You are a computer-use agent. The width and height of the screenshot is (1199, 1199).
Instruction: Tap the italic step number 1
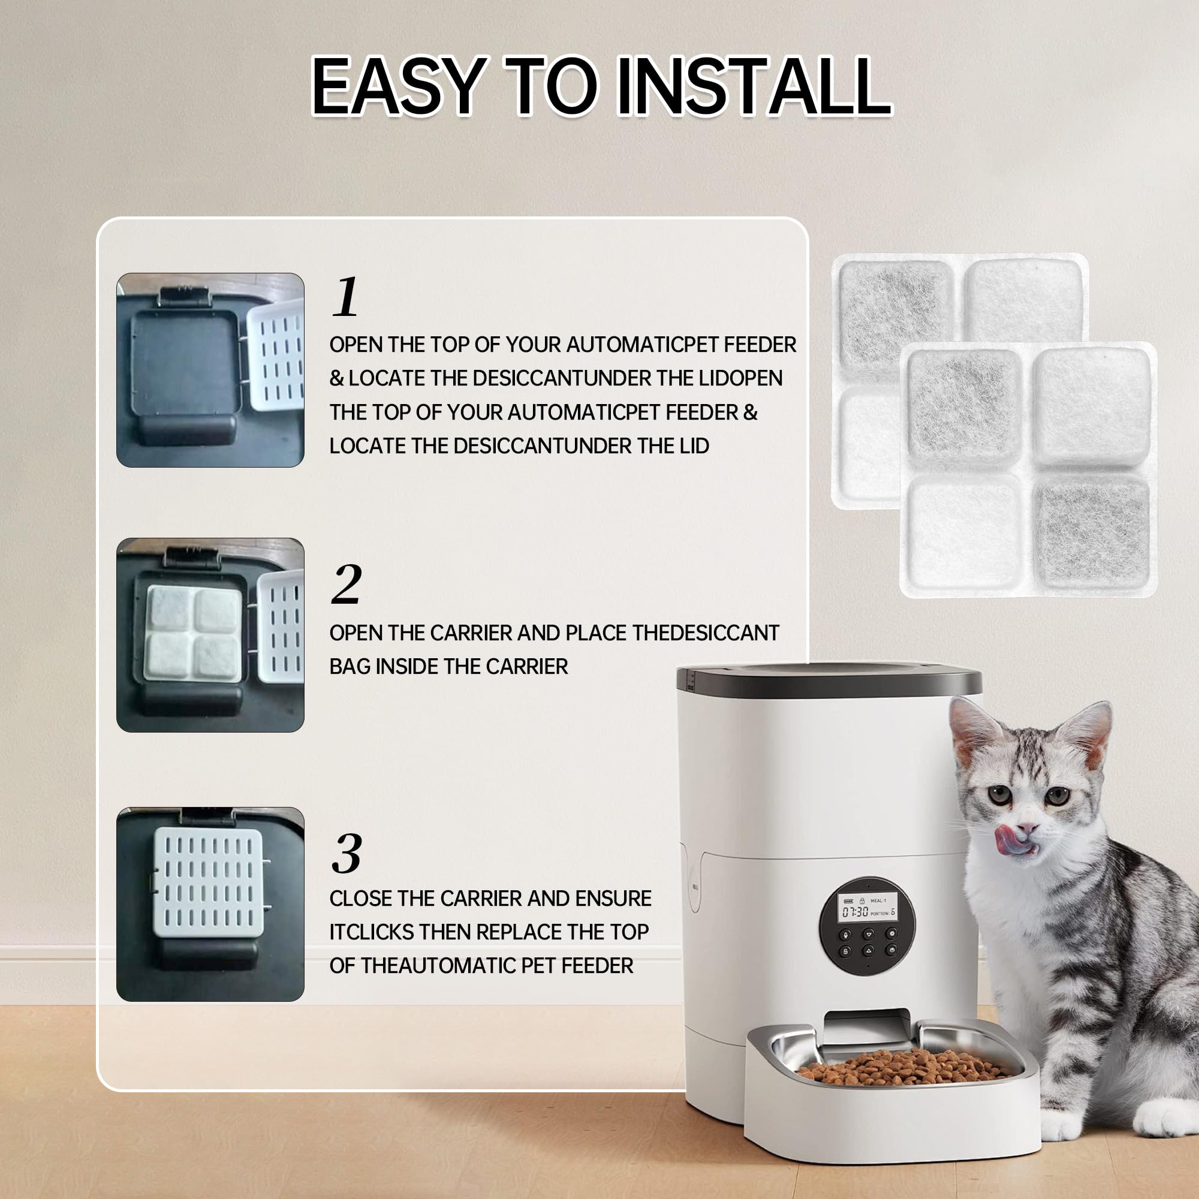(x=346, y=297)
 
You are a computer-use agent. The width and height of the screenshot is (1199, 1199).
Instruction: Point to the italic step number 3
(x=347, y=853)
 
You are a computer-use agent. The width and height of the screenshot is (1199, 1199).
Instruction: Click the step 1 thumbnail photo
(x=210, y=370)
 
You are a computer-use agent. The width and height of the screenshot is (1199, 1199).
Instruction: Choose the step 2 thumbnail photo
(x=210, y=635)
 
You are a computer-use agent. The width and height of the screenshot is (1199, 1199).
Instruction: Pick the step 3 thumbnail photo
(x=210, y=904)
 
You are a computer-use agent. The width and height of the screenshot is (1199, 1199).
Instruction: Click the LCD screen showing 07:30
(x=867, y=906)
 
